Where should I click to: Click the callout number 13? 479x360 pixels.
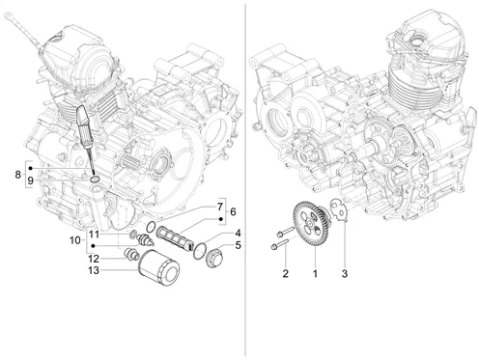pos(94,270)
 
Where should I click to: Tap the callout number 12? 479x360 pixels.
pos(94,259)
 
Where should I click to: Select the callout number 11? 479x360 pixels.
pos(94,235)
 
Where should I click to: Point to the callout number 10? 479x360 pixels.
pos(75,240)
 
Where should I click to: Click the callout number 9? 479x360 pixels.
pos(30,180)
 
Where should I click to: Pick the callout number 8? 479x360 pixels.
pos(18,175)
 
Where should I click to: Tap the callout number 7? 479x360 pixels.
pos(220,207)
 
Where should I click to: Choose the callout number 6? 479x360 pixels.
pos(233,211)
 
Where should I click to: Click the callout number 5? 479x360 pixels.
pos(238,245)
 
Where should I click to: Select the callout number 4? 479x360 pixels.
pos(238,233)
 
